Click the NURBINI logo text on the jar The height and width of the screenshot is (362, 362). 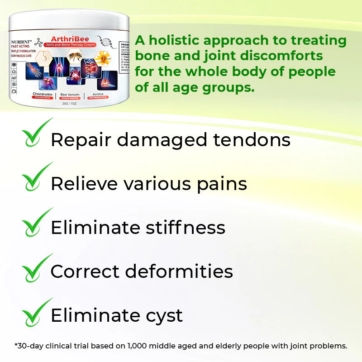[x=20, y=41]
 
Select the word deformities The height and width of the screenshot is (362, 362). [x=179, y=271]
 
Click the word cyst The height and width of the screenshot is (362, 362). [x=162, y=316]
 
